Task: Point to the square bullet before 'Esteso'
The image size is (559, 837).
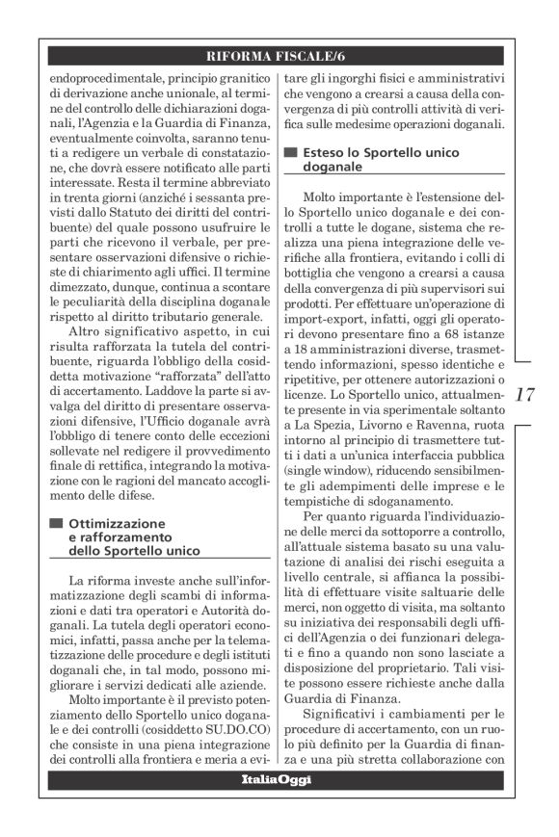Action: (x=290, y=153)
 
